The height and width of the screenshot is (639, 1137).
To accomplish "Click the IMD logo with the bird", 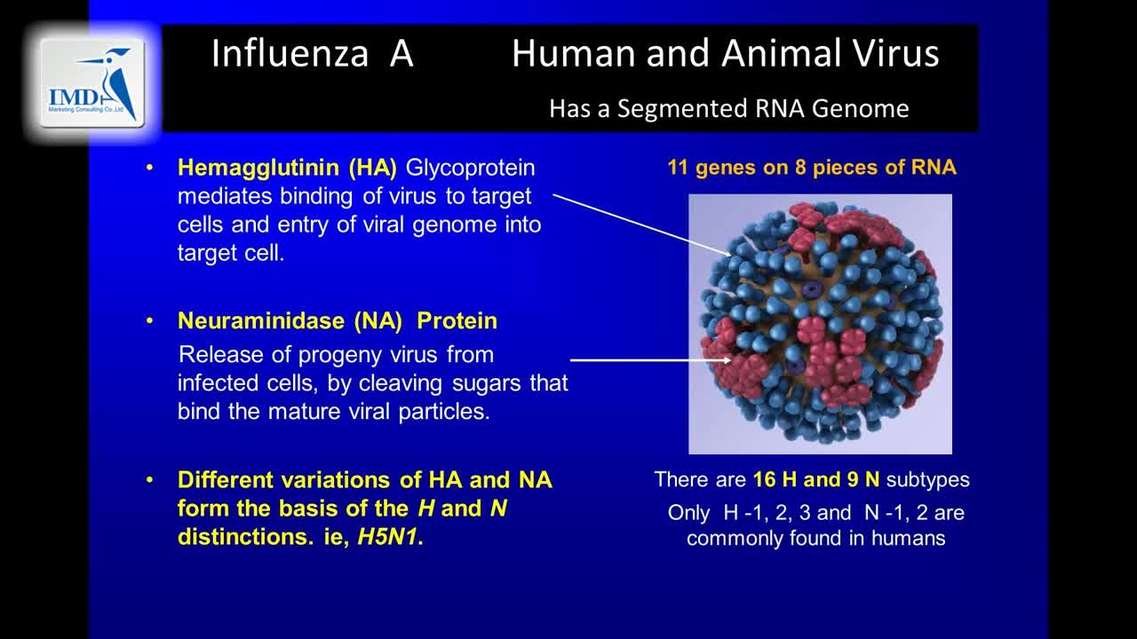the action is point(92,83).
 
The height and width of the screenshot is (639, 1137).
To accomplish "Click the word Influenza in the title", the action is point(290,53).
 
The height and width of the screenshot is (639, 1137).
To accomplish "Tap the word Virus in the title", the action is point(896,53).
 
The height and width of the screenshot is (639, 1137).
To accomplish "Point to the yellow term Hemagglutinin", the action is point(258,168).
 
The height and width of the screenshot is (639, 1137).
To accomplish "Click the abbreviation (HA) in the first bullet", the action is point(373,168).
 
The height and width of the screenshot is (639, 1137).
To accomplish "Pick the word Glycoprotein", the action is point(470,169).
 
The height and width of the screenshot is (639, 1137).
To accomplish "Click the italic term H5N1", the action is point(387,537).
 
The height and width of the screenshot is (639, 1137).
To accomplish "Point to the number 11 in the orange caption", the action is point(678,168).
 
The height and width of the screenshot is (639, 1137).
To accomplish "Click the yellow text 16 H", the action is point(775,480).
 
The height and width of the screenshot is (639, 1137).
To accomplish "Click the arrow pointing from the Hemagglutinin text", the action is point(642,225).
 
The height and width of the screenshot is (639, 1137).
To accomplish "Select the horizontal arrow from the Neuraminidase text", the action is point(651,360).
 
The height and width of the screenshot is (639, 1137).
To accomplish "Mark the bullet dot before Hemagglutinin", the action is point(150,168).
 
